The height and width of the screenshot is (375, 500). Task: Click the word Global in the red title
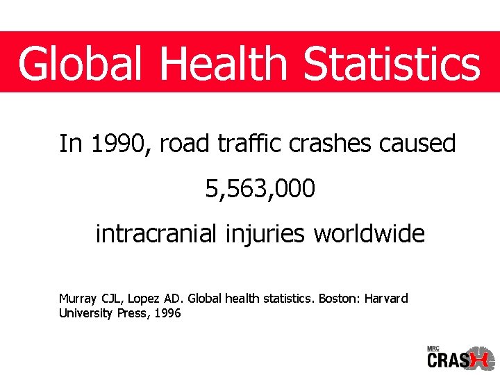coord(81,64)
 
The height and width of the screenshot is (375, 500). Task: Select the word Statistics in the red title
coord(392,64)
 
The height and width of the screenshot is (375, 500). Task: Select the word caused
coord(418,144)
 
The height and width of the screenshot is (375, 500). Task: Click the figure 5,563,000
coord(260,188)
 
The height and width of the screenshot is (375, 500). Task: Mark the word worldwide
coord(369,234)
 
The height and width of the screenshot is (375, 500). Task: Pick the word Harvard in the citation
coord(387,299)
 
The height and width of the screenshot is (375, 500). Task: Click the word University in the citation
coord(85,314)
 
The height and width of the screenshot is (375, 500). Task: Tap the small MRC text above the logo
coord(433,348)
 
